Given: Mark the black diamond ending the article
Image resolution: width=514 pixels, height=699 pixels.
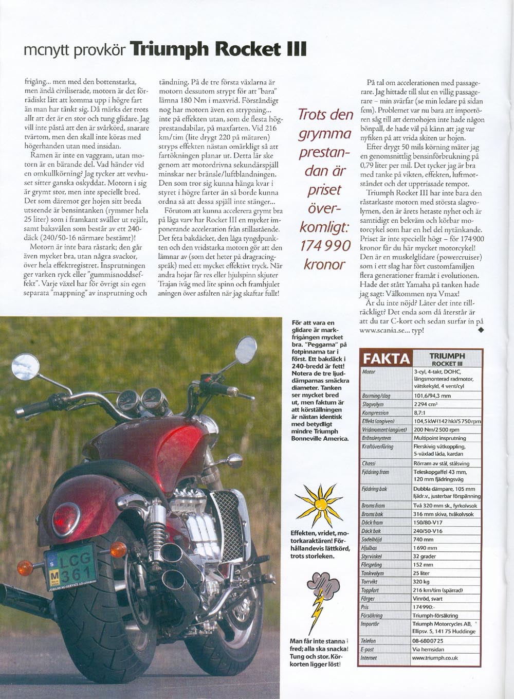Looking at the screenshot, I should (x=481, y=330).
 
